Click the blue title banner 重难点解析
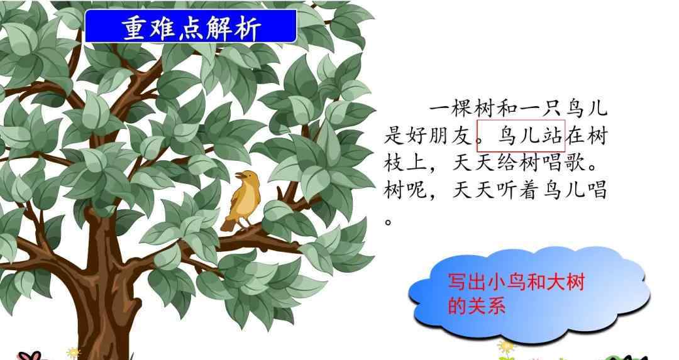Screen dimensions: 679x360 [x=190, y=26]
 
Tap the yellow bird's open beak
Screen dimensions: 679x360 [x=240, y=175]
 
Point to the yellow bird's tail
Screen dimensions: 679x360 [x=228, y=225]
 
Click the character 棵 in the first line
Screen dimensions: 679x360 [x=462, y=108]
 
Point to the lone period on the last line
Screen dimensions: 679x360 [x=388, y=222]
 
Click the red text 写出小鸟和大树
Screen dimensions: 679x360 [x=516, y=281]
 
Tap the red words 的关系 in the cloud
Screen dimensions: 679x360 [x=477, y=305]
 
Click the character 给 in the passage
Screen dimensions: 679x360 [x=507, y=163]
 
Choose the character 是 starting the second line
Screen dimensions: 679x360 [x=394, y=136]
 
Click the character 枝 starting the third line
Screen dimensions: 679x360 [x=394, y=163]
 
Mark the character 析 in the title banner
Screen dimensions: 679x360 [x=248, y=28]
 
